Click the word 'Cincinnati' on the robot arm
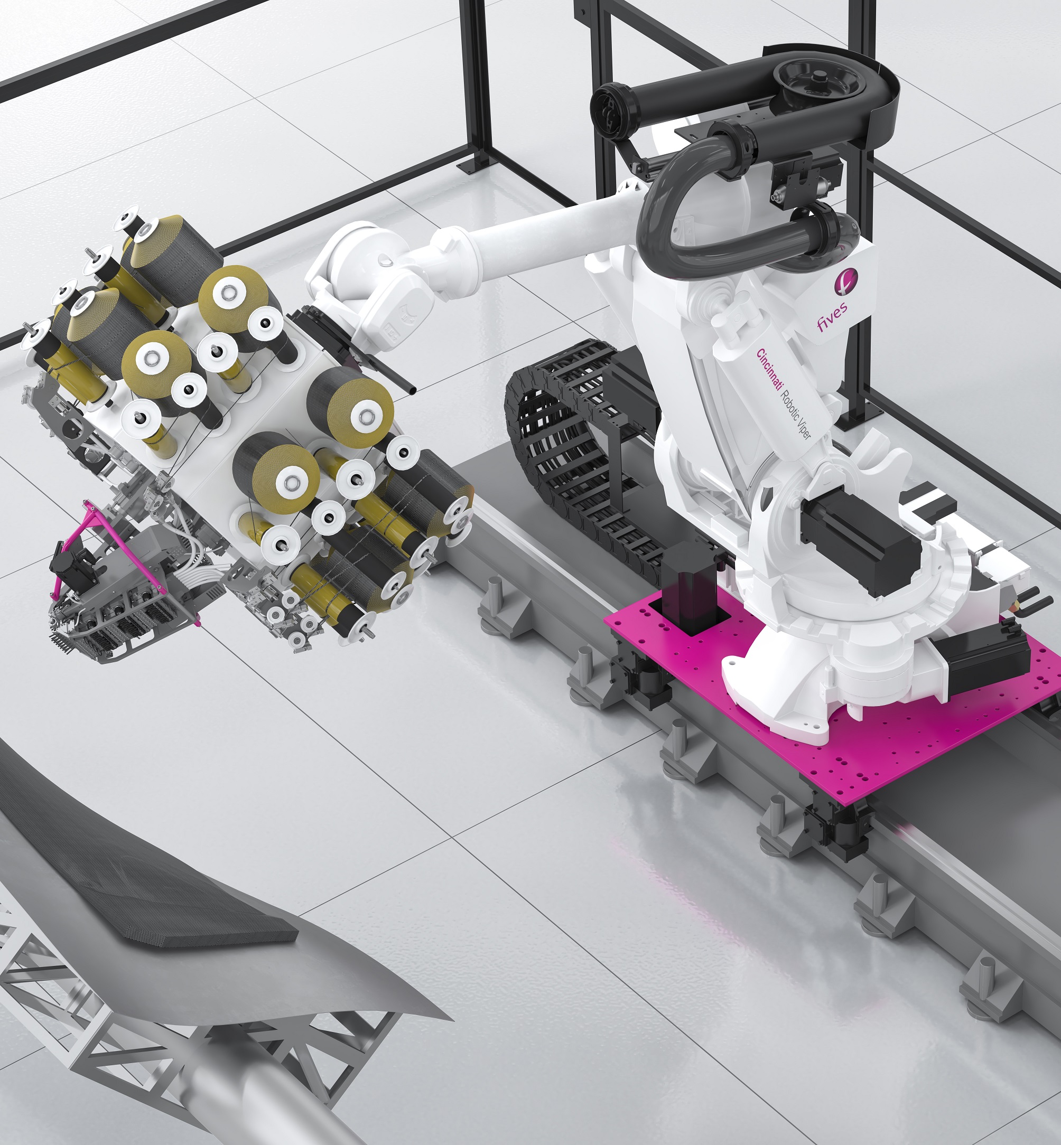768,370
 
